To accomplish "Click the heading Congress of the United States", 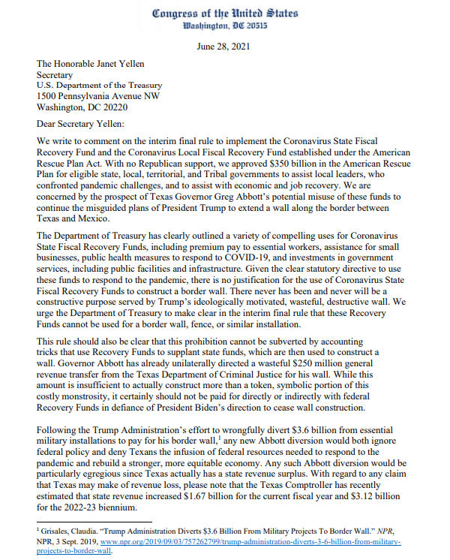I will pyautogui.click(x=224, y=13).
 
